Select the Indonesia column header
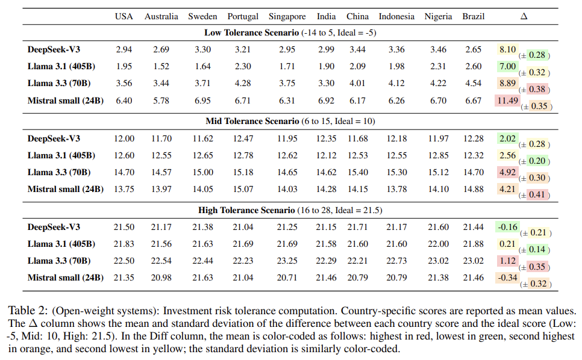[396, 16]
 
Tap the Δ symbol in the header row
[524, 16]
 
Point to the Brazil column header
[474, 16]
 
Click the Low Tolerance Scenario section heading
[290, 33]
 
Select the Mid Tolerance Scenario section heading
[290, 121]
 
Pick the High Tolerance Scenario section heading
[290, 210]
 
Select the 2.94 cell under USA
[124, 49]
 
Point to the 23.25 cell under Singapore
[287, 261]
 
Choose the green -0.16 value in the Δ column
[507, 227]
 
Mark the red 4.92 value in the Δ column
[507, 172]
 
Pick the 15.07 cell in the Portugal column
[243, 189]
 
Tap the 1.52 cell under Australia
[161, 66]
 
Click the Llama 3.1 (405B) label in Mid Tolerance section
[61, 155]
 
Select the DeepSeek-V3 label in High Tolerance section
[54, 227]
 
